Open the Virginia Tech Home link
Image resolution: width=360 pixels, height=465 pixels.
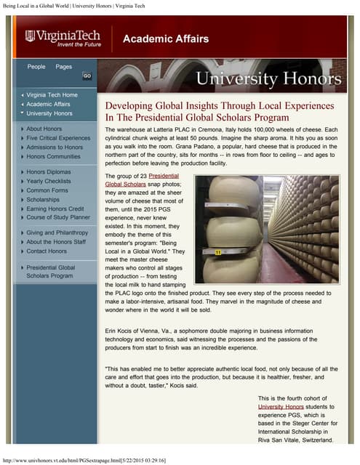[x=52, y=95]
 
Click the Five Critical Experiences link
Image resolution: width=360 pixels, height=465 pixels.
[x=58, y=138]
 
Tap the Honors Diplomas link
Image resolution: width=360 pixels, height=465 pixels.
[x=53, y=172]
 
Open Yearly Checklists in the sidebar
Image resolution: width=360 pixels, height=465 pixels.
[x=53, y=181]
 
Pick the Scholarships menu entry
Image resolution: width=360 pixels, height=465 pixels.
[x=47, y=199]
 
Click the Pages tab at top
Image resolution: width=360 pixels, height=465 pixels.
[x=64, y=67]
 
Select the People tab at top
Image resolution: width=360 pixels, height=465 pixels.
[x=36, y=67]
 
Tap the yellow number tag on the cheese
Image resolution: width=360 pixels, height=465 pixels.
[x=217, y=232]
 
